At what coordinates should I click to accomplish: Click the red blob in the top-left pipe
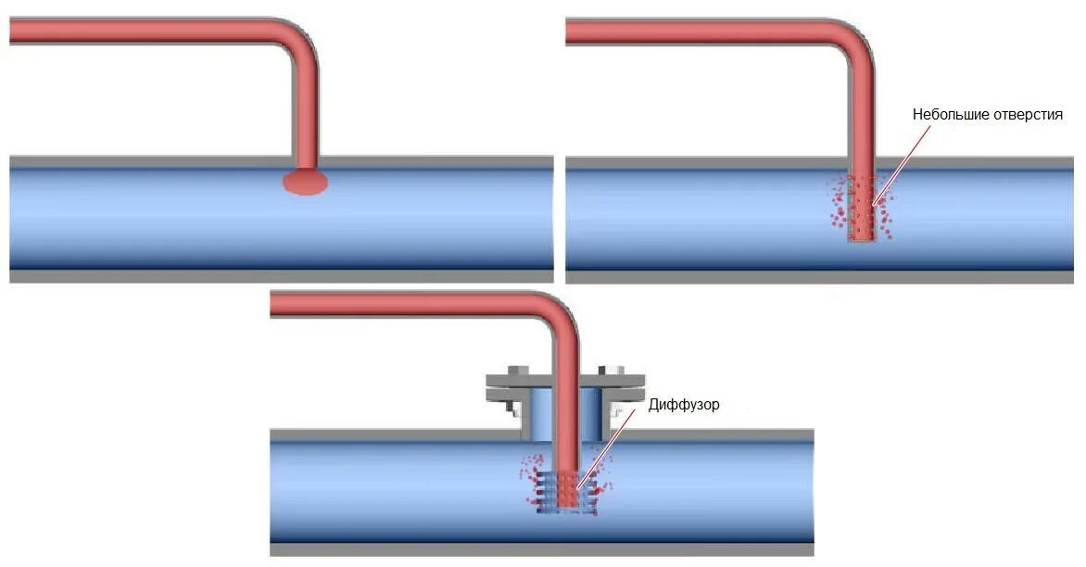305,183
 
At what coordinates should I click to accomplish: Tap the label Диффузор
685,405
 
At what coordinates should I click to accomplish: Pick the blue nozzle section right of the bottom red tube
593,414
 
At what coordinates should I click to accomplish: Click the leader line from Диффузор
607,445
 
